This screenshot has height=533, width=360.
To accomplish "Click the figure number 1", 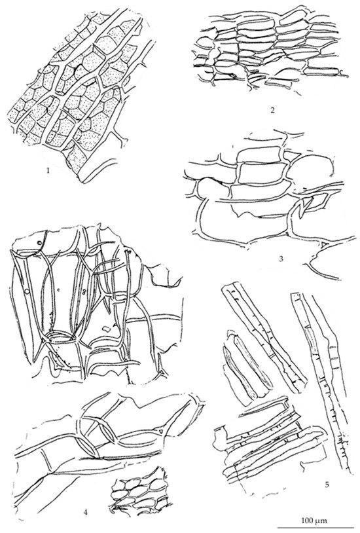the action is point(48,171).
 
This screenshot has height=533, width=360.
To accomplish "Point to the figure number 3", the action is point(281,259).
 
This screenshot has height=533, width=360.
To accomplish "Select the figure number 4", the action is point(85,512).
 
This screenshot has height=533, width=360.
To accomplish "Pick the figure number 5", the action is point(327,484).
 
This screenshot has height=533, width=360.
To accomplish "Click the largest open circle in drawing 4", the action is point(26,291).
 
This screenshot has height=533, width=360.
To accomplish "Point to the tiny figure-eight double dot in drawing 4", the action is point(84,291).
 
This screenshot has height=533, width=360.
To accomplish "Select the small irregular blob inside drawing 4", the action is point(107,329).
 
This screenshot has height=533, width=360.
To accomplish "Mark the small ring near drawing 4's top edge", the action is point(40,243).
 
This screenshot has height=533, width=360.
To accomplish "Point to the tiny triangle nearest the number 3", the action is point(323,244).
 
